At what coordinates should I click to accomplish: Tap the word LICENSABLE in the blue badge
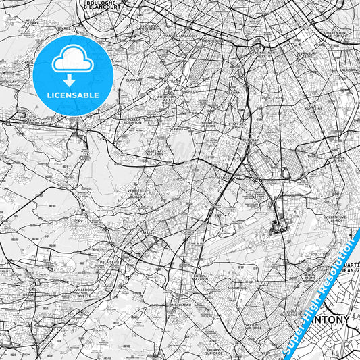point(73,95)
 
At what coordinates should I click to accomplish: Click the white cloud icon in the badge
point(73,63)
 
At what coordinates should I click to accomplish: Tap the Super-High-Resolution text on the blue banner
point(317,297)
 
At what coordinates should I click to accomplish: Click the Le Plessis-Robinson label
point(135,122)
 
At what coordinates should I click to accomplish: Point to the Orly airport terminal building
point(278,225)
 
